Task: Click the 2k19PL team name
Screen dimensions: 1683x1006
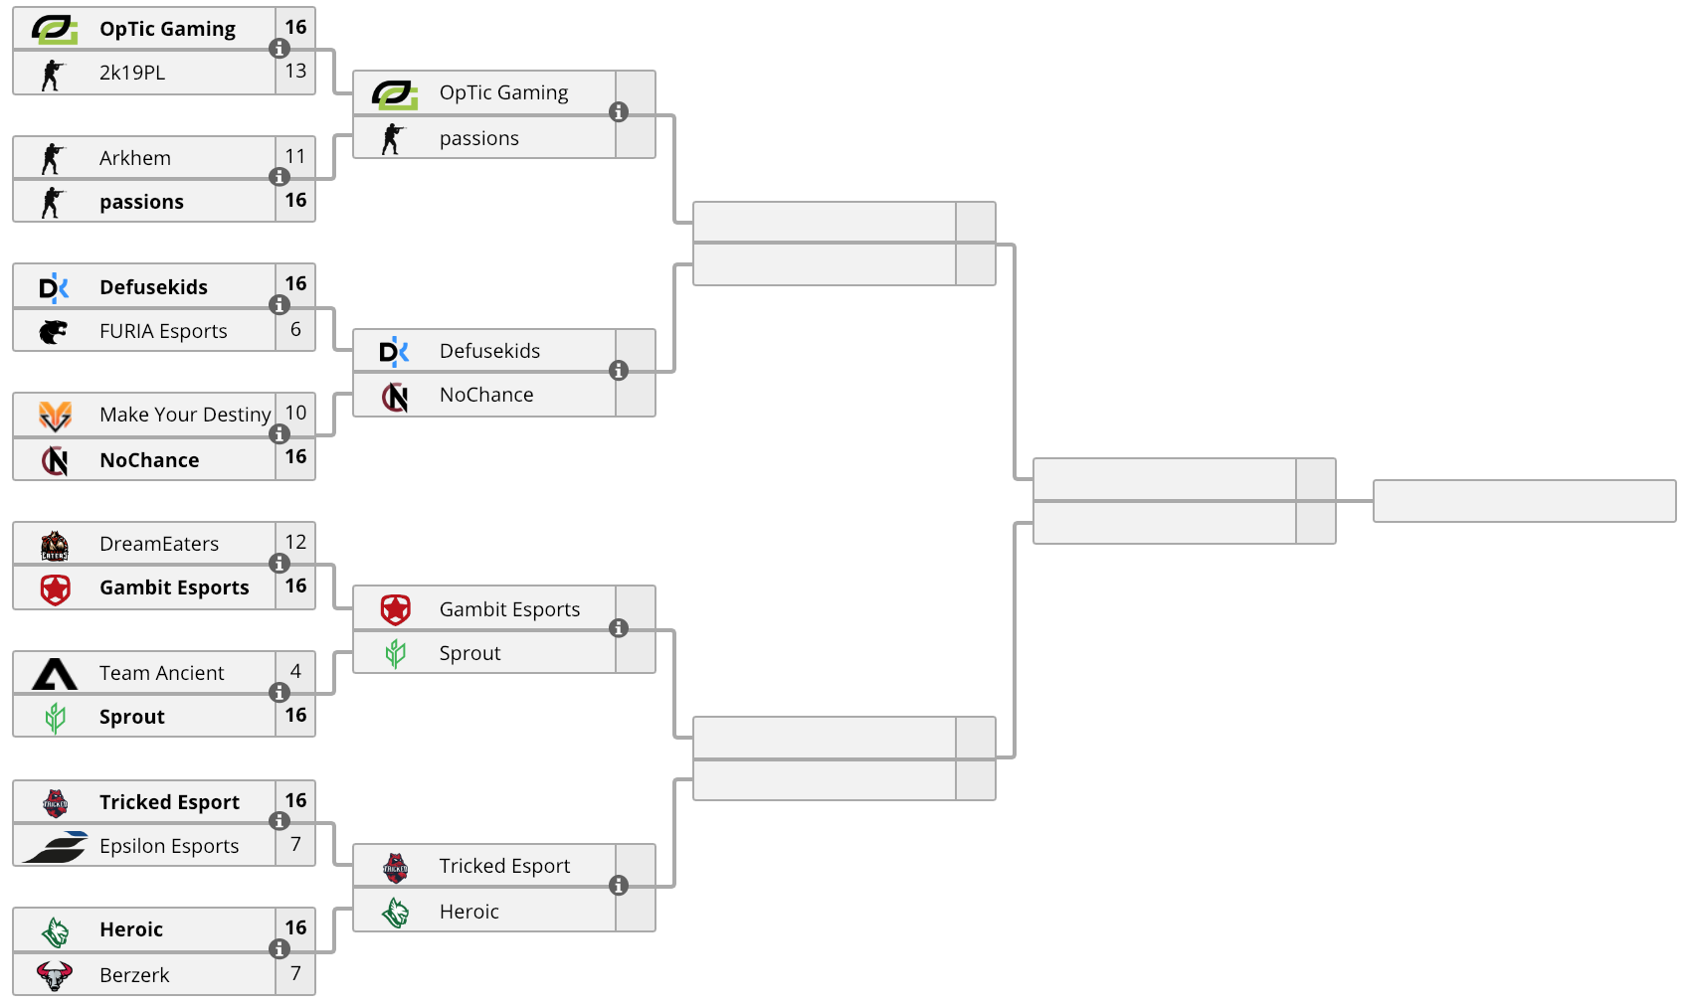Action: click(132, 73)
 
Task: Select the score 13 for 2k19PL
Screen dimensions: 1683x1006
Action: click(295, 72)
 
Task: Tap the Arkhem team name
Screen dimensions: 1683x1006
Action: click(135, 158)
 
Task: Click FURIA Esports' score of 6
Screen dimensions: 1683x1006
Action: click(295, 329)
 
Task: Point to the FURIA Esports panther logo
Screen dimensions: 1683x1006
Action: click(54, 331)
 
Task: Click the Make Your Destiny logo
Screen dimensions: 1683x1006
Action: click(55, 416)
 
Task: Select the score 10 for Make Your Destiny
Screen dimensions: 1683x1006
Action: click(295, 413)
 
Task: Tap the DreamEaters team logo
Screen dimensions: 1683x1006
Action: click(54, 546)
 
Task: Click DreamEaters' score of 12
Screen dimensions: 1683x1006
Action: click(295, 542)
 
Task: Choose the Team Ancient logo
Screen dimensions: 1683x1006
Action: click(55, 674)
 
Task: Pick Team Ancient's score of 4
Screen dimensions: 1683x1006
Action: click(295, 671)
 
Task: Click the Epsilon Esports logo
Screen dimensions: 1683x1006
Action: click(56, 847)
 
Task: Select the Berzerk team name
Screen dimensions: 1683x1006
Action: click(134, 975)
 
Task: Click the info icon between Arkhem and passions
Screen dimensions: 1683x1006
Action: click(280, 176)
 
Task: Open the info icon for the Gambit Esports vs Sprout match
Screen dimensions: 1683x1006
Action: click(619, 628)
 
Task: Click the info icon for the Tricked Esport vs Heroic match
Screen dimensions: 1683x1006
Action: click(619, 886)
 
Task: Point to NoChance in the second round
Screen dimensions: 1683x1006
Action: click(486, 395)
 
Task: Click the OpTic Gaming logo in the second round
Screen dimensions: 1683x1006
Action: click(395, 94)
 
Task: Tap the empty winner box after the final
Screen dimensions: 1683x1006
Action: click(1525, 501)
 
